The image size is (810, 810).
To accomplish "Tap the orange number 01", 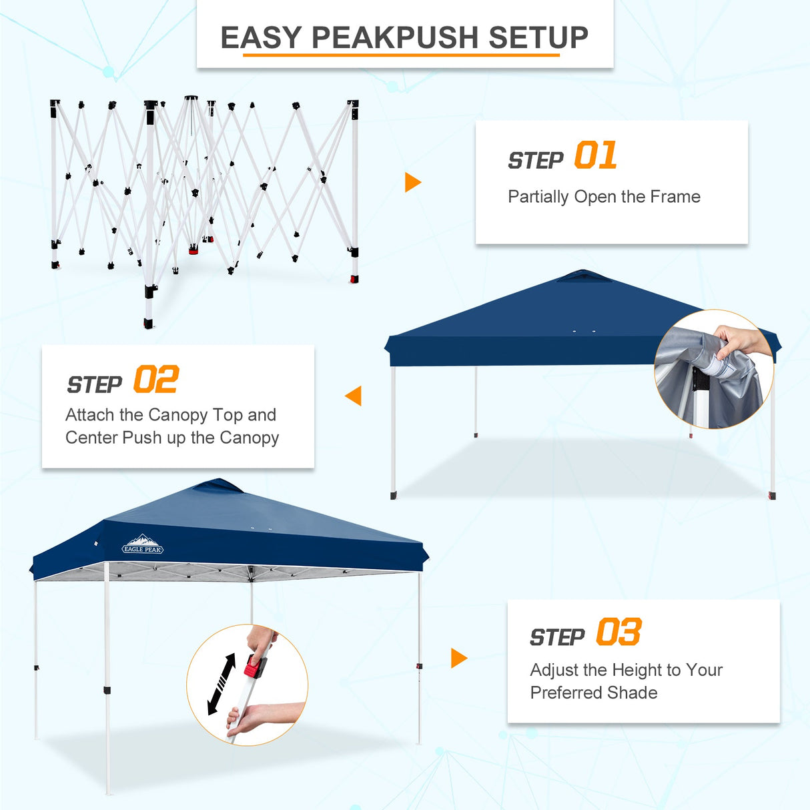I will (595, 155).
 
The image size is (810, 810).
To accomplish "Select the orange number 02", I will (156, 380).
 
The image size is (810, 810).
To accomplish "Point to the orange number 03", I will (619, 632).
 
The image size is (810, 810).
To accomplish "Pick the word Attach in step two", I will (90, 415).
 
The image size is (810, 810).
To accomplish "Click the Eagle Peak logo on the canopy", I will (143, 545).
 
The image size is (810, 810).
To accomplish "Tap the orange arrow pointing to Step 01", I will (413, 182).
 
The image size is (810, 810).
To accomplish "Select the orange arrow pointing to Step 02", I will (354, 396).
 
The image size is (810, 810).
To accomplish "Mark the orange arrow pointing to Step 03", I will (459, 658).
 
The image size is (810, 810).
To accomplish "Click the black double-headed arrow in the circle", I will (222, 684).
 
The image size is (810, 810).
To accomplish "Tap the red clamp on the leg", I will (254, 665).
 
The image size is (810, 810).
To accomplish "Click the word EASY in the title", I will (261, 37).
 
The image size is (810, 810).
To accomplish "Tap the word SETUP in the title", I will (538, 37).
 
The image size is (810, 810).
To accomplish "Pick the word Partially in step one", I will (538, 197).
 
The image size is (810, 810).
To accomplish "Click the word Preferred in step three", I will (563, 693).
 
